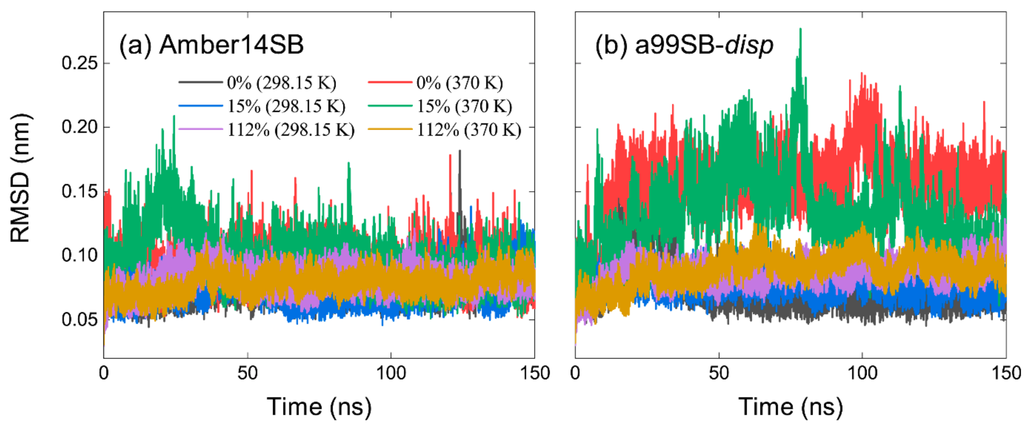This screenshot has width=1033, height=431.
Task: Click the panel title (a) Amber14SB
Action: (211, 45)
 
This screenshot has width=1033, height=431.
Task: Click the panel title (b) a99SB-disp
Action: (684, 45)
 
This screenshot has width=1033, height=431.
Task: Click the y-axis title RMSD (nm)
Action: (20, 178)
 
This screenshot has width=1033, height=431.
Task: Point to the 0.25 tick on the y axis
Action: (79, 63)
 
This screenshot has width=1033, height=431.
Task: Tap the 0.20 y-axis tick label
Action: (79, 127)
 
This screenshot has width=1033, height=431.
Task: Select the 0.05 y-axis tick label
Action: (79, 320)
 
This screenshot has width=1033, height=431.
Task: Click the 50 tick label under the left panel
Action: (247, 373)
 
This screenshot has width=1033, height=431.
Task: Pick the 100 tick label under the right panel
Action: (862, 373)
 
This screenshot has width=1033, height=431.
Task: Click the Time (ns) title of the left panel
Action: (319, 407)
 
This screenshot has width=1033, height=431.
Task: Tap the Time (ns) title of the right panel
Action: (791, 407)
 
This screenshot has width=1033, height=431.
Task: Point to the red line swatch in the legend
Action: (390, 82)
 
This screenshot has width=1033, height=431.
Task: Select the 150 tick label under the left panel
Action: (534, 373)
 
